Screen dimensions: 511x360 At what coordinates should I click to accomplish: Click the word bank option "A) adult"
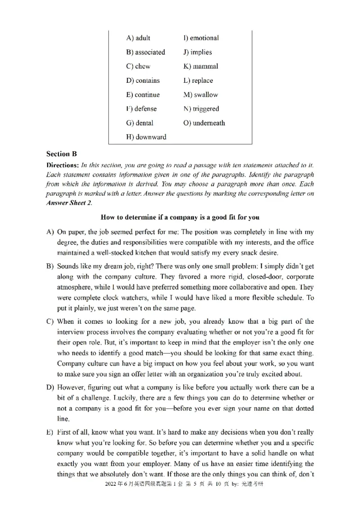point(138,38)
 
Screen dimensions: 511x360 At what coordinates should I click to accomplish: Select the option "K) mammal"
point(200,66)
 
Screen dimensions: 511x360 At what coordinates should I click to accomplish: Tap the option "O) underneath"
point(204,123)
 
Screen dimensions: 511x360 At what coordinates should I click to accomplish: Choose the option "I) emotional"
point(201,38)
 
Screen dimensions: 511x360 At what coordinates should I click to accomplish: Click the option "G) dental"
point(139,123)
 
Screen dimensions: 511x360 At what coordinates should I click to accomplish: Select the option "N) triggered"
point(201,108)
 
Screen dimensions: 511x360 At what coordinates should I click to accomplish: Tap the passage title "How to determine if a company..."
point(180,217)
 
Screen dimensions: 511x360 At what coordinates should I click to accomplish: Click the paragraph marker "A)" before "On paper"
point(50,232)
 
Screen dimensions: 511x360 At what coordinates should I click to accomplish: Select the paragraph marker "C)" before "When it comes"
point(50,322)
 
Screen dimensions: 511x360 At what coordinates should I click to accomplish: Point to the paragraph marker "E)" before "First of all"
point(50,432)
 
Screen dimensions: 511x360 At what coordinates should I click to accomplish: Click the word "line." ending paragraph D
point(63,418)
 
